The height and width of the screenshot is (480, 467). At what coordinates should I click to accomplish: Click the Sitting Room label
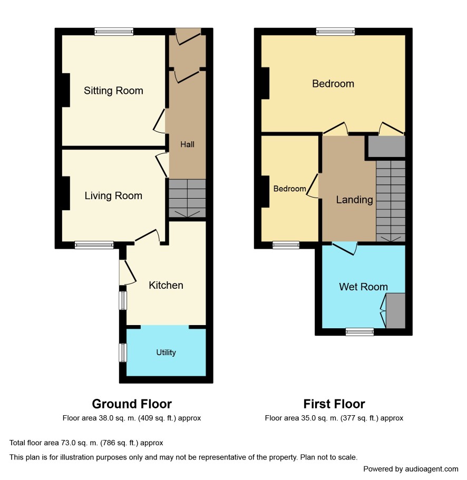(113, 91)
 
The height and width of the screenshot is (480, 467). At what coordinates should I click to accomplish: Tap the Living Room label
(113, 195)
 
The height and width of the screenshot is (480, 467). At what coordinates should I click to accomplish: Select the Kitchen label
(166, 285)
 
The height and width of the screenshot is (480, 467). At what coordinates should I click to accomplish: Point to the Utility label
(166, 352)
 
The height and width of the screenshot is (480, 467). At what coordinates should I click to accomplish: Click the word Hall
(187, 144)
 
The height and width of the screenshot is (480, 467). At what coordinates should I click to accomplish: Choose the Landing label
(354, 200)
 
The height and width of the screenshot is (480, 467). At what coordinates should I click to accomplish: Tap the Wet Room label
(363, 287)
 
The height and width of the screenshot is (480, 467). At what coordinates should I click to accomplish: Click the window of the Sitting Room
(114, 31)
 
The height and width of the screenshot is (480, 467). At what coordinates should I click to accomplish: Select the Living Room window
(94, 244)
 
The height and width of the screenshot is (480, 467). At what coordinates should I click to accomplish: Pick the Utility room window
(122, 352)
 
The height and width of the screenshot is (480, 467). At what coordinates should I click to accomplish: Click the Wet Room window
(359, 331)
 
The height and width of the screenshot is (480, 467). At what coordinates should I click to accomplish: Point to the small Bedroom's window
(286, 244)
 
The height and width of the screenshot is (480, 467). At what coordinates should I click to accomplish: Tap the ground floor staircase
(187, 198)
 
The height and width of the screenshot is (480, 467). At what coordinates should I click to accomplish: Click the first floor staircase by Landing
(391, 201)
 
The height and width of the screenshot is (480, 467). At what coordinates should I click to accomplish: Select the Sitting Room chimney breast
(66, 90)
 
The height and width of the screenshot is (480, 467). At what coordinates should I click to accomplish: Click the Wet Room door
(345, 249)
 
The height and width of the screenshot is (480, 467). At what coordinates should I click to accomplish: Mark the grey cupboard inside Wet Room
(395, 311)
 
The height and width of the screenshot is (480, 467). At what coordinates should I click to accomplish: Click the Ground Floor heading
(132, 404)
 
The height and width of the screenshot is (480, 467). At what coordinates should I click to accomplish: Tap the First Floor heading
(334, 404)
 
